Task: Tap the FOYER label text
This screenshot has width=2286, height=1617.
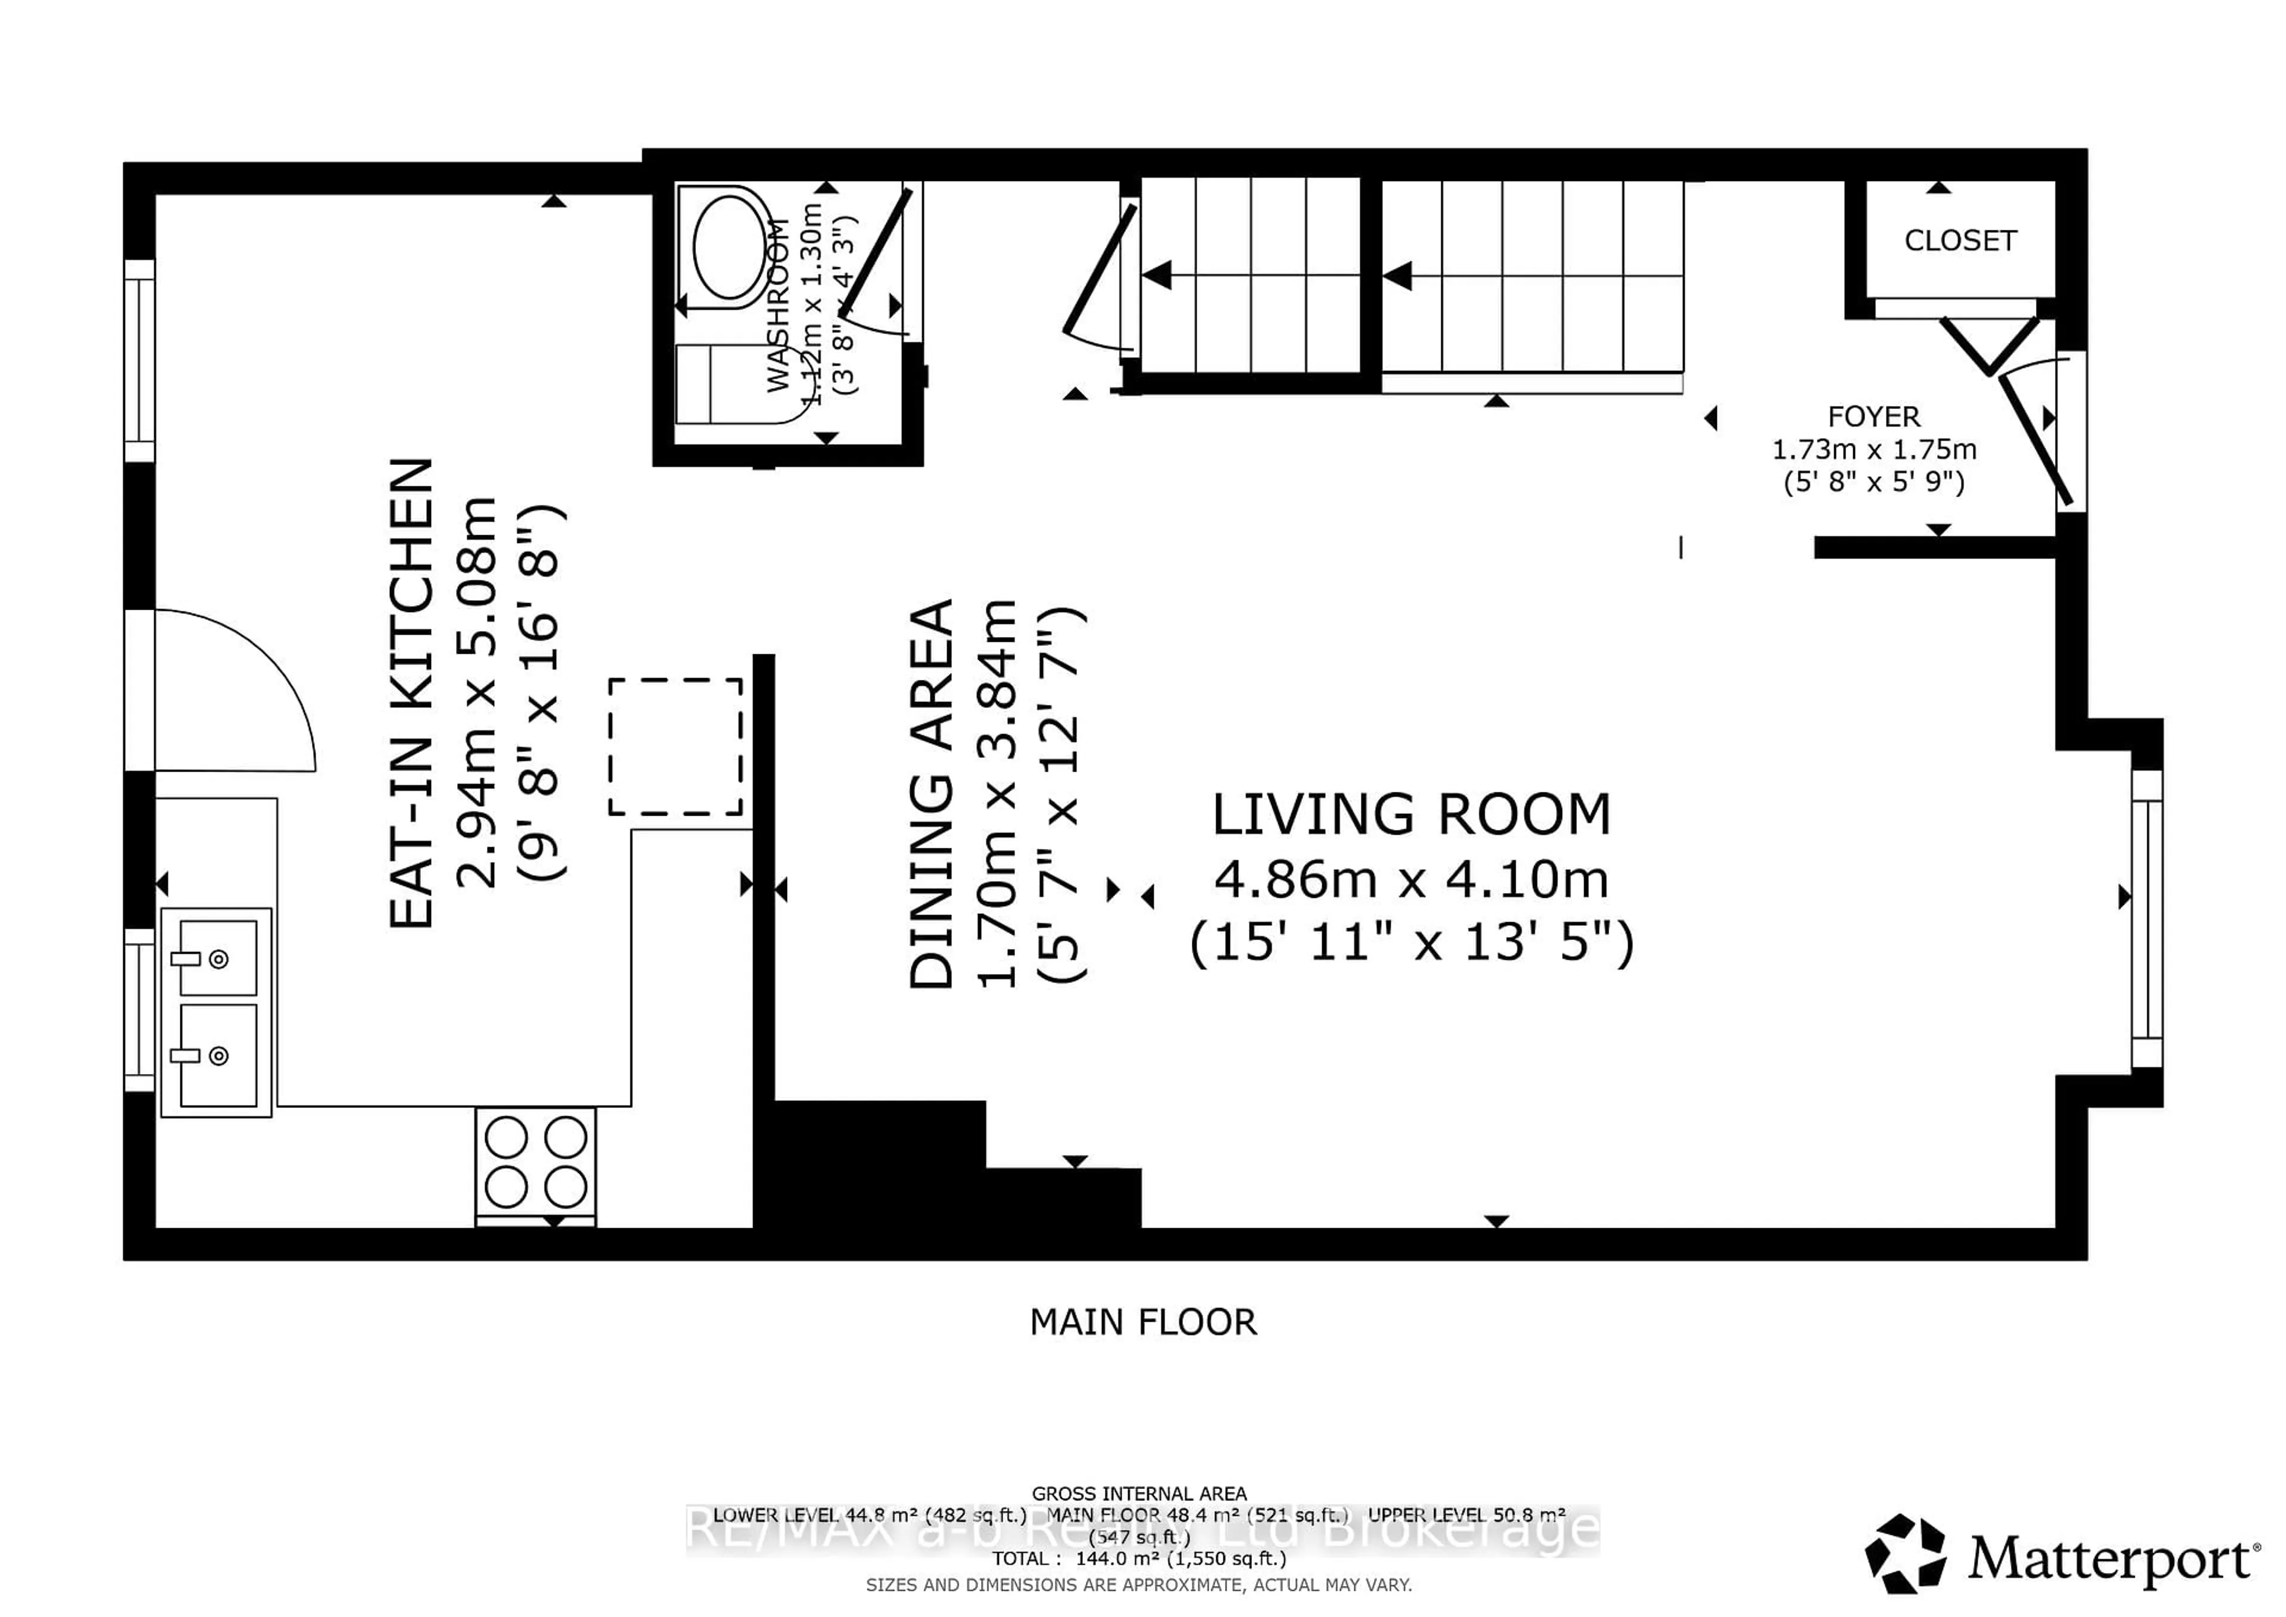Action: pyautogui.click(x=1873, y=416)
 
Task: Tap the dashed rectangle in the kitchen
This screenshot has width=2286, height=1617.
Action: pyautogui.click(x=675, y=747)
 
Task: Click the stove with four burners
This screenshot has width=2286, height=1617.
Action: pyautogui.click(x=536, y=1162)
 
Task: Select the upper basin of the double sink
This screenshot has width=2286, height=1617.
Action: pyautogui.click(x=218, y=958)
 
